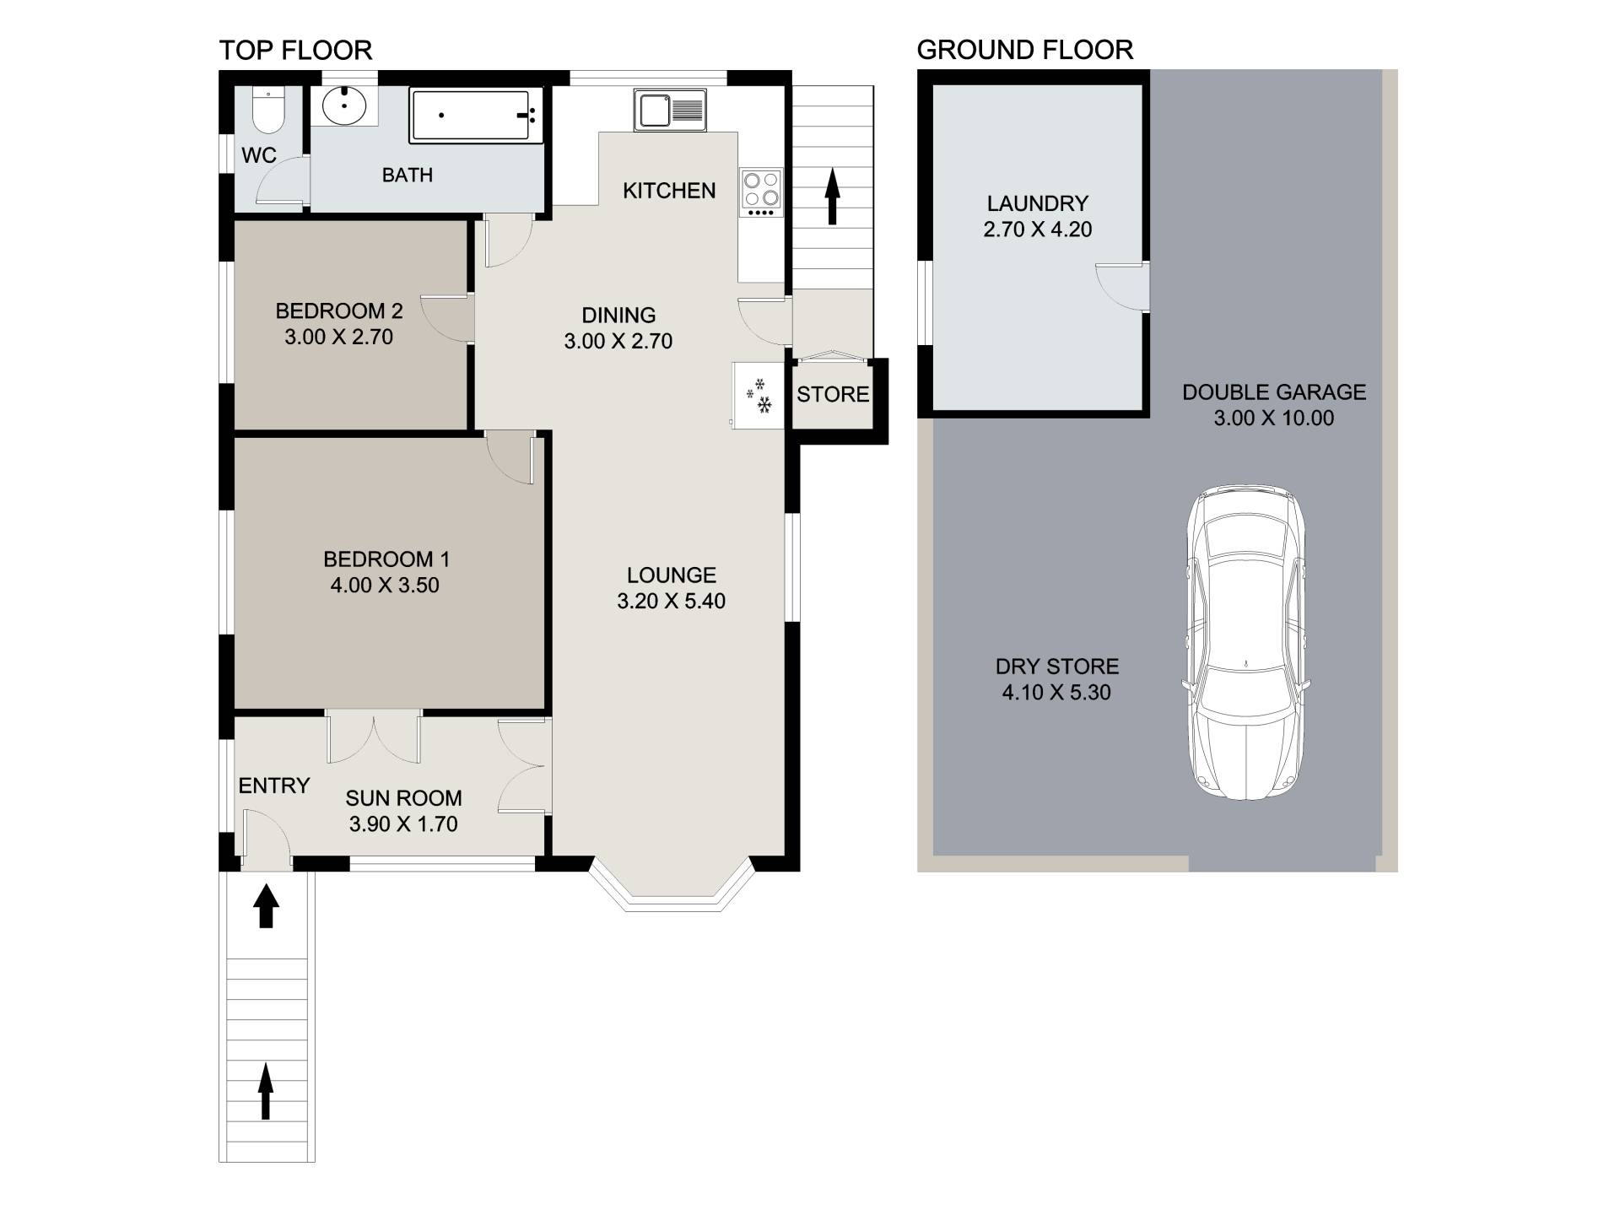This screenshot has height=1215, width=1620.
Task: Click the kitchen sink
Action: pyautogui.click(x=670, y=111)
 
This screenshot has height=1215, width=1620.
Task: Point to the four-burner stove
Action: pyautogui.click(x=761, y=193)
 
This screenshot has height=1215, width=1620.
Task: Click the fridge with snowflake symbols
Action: pyautogui.click(x=759, y=395)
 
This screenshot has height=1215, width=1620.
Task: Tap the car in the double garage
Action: pyautogui.click(x=1246, y=642)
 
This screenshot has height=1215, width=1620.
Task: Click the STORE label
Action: pyautogui.click(x=833, y=394)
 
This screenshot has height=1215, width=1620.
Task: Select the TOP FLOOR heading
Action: pyautogui.click(x=295, y=51)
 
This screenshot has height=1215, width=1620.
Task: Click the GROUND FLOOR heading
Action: pyautogui.click(x=1025, y=50)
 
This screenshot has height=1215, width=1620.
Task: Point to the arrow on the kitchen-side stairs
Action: pyautogui.click(x=833, y=196)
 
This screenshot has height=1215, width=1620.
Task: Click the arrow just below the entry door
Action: pyautogui.click(x=267, y=905)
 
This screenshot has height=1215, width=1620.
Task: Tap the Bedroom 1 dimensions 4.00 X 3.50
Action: pyautogui.click(x=385, y=586)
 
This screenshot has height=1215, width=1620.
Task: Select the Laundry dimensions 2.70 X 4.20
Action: pyautogui.click(x=1038, y=229)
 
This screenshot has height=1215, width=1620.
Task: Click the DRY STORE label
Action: pyautogui.click(x=1057, y=667)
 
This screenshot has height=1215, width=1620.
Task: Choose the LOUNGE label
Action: pyautogui.click(x=672, y=575)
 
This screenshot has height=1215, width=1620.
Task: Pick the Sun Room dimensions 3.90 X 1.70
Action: pyautogui.click(x=403, y=824)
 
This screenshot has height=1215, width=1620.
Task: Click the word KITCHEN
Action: pyautogui.click(x=669, y=191)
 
